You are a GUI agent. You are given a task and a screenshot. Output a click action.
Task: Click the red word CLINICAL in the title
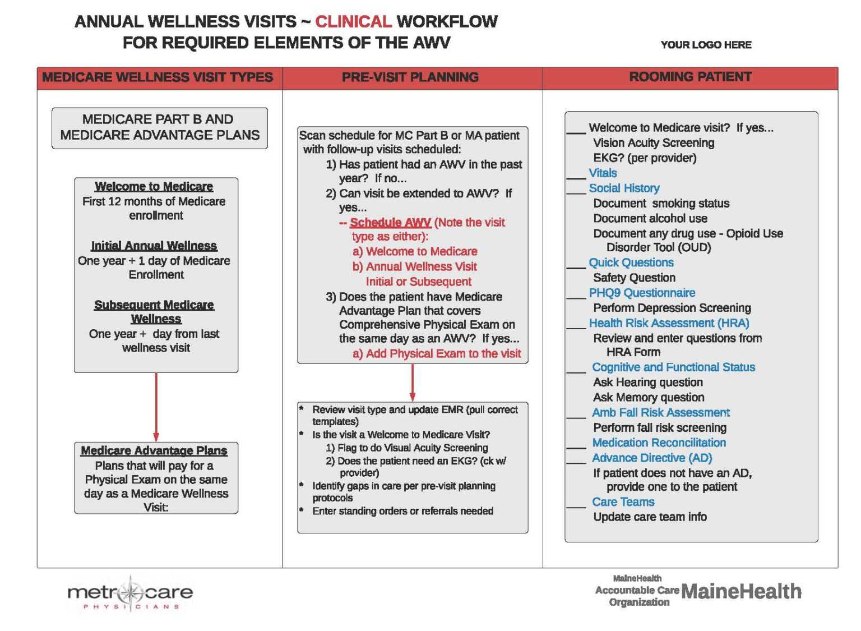tap(353, 22)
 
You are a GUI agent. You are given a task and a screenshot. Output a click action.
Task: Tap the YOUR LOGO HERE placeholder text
tap(706, 45)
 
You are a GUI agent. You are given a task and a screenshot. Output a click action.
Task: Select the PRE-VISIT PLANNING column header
tap(410, 77)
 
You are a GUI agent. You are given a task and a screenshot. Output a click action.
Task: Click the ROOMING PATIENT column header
tap(690, 77)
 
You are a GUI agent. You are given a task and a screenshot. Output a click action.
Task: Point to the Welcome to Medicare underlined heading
tap(154, 186)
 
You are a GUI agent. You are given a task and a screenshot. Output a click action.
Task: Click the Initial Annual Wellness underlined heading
tap(154, 246)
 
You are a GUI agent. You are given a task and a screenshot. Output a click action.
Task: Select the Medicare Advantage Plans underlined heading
tap(154, 450)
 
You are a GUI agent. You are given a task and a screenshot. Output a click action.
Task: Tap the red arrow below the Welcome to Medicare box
tap(156, 407)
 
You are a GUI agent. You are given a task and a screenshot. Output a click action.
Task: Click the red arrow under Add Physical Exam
tap(413, 383)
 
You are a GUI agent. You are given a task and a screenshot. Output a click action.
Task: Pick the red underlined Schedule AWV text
tap(390, 223)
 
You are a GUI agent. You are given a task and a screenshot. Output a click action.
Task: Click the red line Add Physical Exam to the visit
tap(437, 354)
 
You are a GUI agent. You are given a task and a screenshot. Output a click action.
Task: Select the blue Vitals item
tap(603, 173)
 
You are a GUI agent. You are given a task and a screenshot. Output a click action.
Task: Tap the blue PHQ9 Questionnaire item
tap(642, 293)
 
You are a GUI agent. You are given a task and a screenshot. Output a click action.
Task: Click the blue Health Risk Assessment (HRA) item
tap(669, 323)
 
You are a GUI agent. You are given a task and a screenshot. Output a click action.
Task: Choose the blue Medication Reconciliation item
tap(659, 443)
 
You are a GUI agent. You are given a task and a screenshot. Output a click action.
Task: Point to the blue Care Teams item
tap(623, 502)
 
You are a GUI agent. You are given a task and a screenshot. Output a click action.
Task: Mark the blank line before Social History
tap(576, 192)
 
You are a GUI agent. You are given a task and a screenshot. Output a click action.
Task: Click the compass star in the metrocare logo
tap(131, 592)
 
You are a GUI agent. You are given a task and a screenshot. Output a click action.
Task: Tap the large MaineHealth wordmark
tap(741, 591)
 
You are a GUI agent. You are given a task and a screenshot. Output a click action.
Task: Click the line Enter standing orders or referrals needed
tap(402, 511)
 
